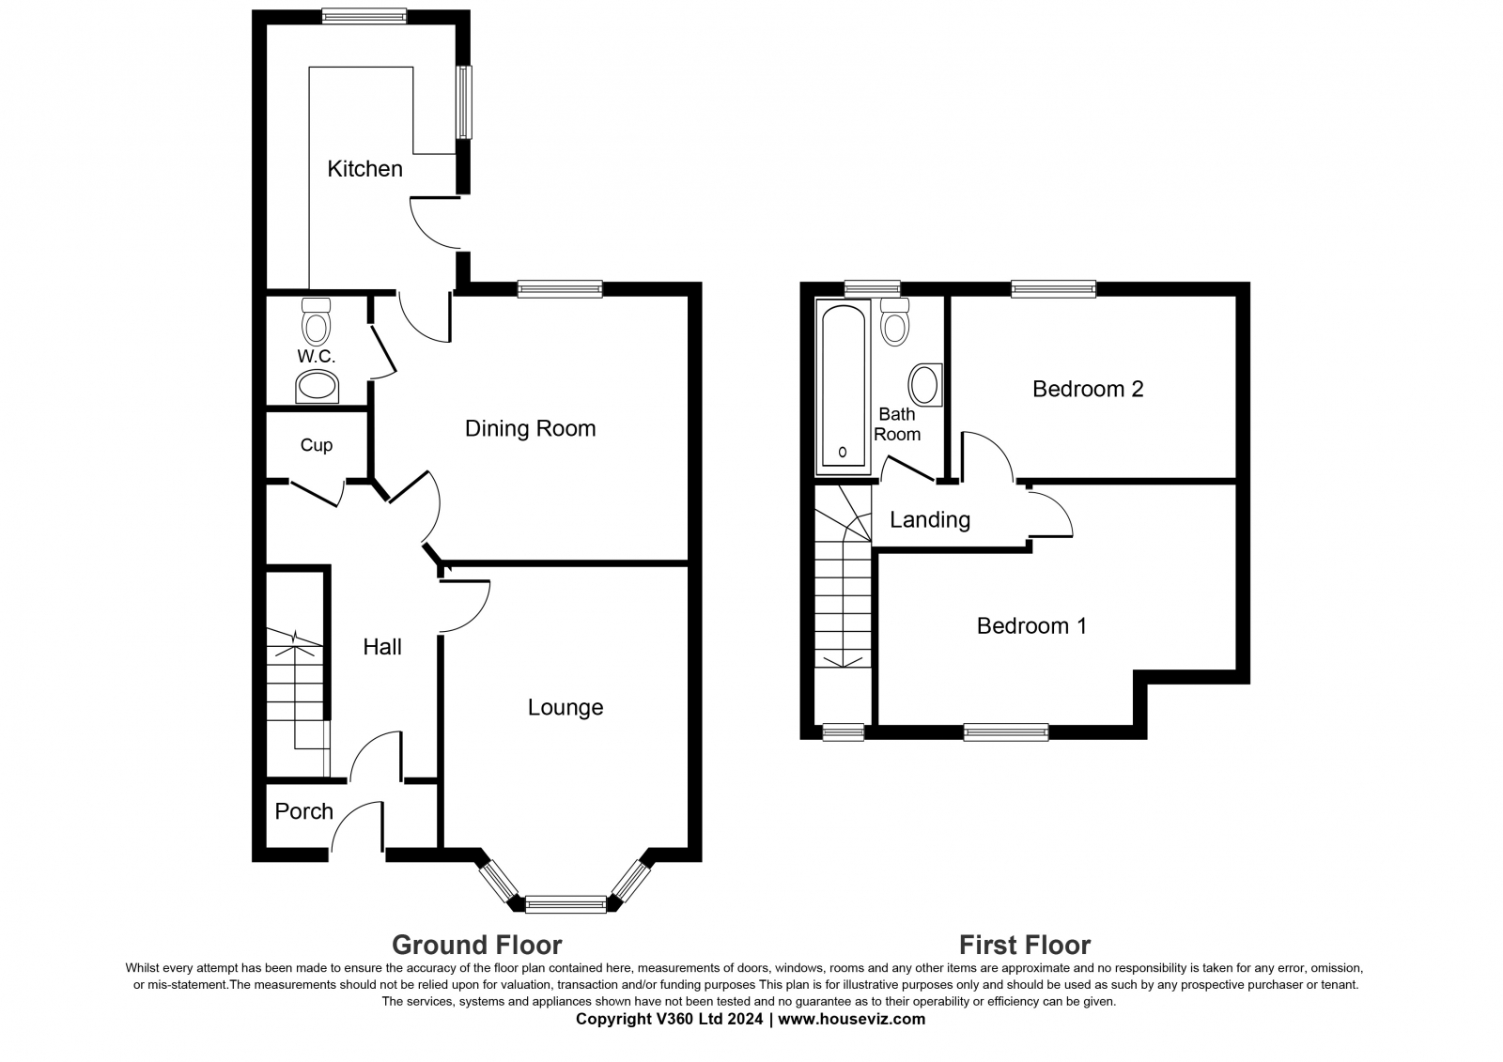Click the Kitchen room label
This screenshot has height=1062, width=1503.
tap(365, 169)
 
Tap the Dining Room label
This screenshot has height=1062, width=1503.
tap(530, 429)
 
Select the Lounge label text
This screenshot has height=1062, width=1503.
tap(566, 708)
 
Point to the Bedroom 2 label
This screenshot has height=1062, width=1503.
tap(1088, 389)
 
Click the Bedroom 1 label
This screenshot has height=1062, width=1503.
tap(1031, 626)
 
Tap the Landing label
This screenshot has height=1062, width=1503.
tap(930, 520)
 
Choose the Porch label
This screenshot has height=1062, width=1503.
tap(304, 812)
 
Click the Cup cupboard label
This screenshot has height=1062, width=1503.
tap(316, 445)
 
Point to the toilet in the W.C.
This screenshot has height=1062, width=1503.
tap(316, 321)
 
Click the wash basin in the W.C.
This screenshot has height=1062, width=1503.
tap(317, 387)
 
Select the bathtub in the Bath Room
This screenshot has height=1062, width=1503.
tap(843, 387)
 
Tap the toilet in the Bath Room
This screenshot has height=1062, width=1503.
tap(895, 321)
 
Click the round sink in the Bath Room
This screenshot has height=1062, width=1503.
tap(925, 385)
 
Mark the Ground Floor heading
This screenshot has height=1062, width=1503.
tap(477, 946)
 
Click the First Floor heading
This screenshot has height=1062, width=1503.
tap(1025, 946)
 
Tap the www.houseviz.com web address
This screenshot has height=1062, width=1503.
tap(851, 1020)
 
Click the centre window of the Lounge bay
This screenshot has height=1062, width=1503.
tap(566, 905)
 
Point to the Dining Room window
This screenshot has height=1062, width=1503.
tap(560, 289)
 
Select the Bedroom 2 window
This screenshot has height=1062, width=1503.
tap(1054, 289)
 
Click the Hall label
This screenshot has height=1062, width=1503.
tap(382, 647)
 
